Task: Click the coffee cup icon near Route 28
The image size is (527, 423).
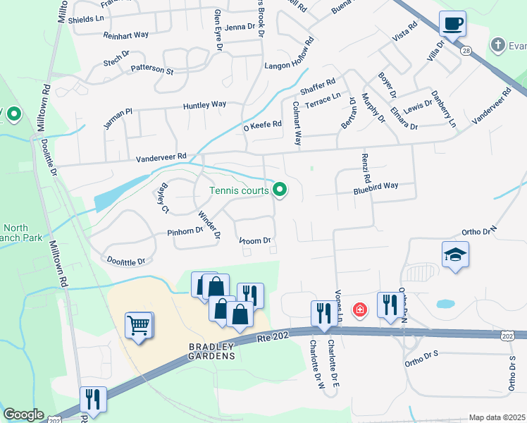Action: coord(452,24)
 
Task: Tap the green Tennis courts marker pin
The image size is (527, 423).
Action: coord(280,190)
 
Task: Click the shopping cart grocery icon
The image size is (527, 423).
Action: coord(138,326)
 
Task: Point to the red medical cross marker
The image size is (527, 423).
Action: coord(359,309)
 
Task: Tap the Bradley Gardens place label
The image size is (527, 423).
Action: coord(211,351)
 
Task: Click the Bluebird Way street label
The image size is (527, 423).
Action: coord(376,186)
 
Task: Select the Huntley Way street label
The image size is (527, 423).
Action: coord(204,105)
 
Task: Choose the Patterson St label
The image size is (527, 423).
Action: coord(151,70)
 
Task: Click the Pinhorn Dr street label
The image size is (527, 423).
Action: coord(185,231)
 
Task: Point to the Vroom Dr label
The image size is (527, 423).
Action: coord(255,241)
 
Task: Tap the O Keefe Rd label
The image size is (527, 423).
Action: coord(262,125)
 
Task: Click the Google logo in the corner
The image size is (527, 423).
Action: coord(23,415)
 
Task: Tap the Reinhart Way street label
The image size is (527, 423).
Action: coord(126,35)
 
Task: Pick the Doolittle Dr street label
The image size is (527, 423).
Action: coord(125,261)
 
